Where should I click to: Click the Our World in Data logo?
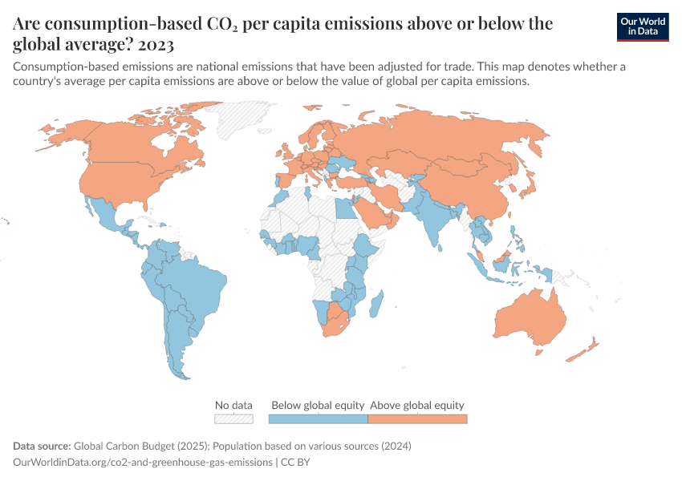(642, 26)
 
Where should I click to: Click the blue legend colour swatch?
(318, 418)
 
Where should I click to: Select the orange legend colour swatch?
(417, 418)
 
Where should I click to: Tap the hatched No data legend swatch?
(233, 418)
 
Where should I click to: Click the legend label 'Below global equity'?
(318, 405)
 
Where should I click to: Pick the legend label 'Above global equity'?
(417, 405)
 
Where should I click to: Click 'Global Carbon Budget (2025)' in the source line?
(148, 446)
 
